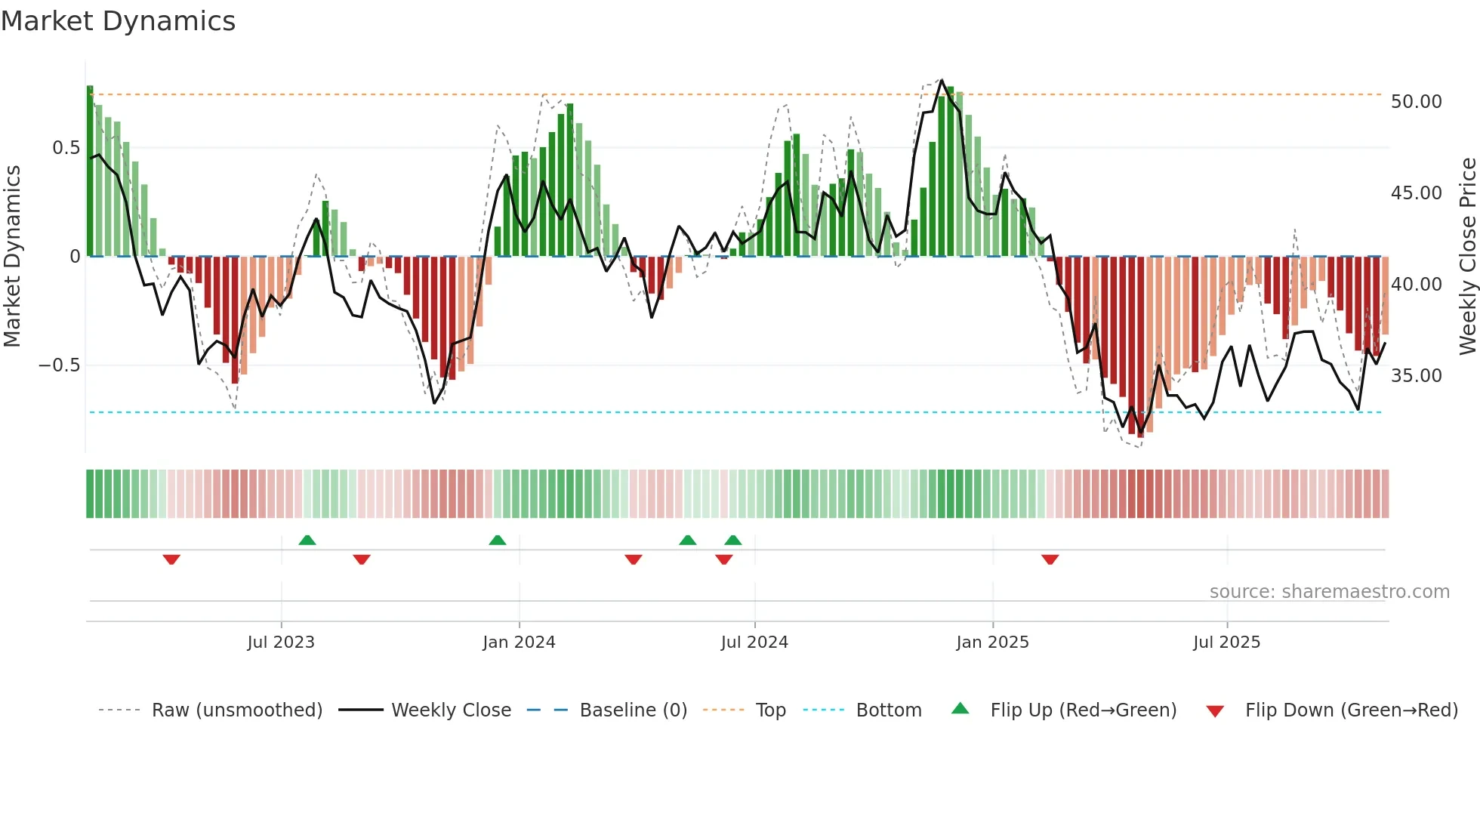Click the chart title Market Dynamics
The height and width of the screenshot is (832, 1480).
point(118,21)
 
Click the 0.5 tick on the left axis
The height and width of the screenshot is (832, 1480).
point(66,148)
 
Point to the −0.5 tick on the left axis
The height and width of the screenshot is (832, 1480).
point(59,365)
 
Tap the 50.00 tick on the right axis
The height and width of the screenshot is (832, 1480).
point(1416,102)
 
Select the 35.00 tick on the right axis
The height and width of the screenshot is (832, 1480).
point(1416,376)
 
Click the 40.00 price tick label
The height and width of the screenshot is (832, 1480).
point(1416,285)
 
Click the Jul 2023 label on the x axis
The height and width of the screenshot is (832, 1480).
point(281,642)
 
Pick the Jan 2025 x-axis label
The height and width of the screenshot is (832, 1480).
point(992,642)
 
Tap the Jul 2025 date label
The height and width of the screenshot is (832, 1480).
point(1226,642)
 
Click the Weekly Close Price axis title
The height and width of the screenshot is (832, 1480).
point(1467,256)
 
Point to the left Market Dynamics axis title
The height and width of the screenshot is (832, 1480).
point(12,256)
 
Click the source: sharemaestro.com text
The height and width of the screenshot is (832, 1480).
point(1329,592)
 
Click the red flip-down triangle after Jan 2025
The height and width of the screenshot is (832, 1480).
point(1050,559)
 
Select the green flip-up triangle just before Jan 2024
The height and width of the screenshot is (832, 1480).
point(497,540)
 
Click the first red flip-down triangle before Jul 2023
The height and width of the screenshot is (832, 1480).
point(171,559)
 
